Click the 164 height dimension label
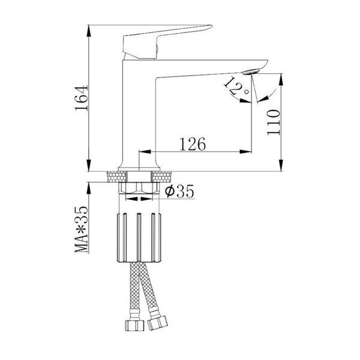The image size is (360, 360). pyautogui.click(x=82, y=98)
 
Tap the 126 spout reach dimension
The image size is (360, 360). pyautogui.click(x=193, y=144)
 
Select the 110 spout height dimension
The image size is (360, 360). pyautogui.click(x=274, y=122)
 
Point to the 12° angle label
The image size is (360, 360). pyautogui.click(x=236, y=86)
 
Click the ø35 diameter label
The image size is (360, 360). pyautogui.click(x=179, y=191)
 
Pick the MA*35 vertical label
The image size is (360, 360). pyautogui.click(x=81, y=229)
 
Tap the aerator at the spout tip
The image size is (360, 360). pyautogui.click(x=251, y=71)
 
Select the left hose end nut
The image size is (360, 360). pyautogui.click(x=134, y=325)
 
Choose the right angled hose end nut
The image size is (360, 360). pyautogui.click(x=157, y=323)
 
